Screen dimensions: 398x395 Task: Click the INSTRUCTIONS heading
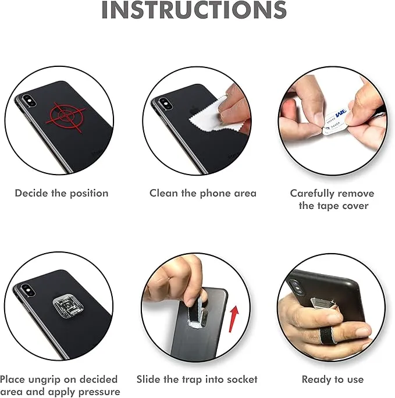(x=194, y=10)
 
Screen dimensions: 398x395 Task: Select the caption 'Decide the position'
(x=62, y=193)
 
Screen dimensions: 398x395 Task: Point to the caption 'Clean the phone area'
(x=202, y=193)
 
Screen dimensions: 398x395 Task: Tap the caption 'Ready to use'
(x=332, y=379)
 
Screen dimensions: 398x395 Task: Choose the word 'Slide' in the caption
(x=150, y=379)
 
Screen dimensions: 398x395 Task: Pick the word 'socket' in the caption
(x=241, y=379)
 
